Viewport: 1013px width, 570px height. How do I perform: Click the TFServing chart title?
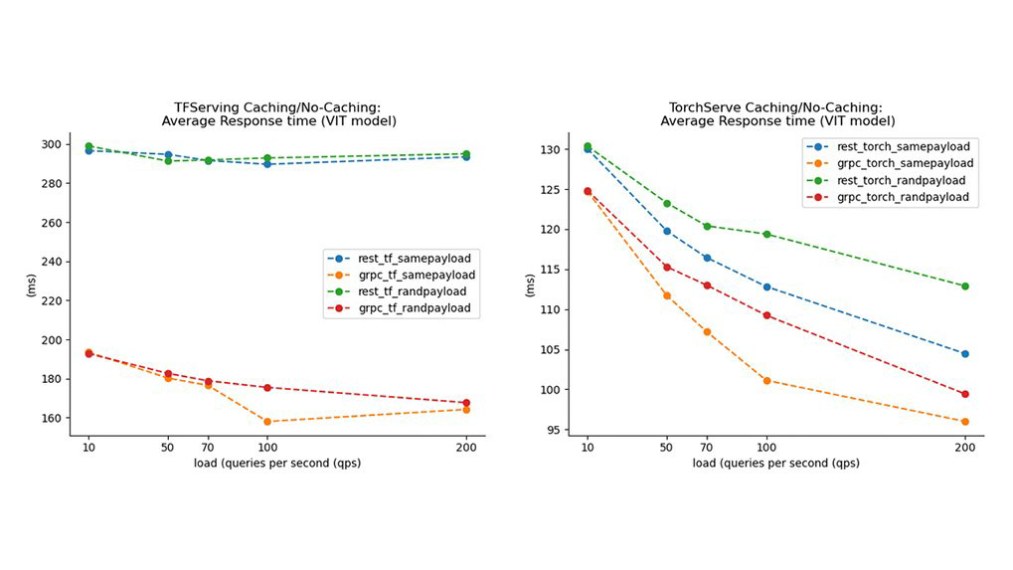tap(278, 114)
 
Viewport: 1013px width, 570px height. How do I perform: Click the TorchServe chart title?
tap(776, 114)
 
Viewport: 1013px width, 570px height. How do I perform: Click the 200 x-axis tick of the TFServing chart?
tap(466, 447)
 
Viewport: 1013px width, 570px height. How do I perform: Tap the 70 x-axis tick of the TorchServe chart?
tap(707, 447)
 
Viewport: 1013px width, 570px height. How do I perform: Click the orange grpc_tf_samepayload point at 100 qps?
tap(267, 422)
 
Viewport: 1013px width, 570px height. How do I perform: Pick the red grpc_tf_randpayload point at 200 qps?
tap(466, 403)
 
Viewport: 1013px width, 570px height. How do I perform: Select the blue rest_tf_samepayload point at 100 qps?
tap(267, 164)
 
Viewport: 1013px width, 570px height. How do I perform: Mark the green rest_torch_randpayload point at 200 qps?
tap(964, 286)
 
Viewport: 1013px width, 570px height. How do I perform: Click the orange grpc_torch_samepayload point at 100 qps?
tap(766, 380)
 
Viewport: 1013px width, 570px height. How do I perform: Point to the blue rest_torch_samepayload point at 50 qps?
tap(667, 231)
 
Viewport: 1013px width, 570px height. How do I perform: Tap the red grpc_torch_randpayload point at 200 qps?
tap(964, 394)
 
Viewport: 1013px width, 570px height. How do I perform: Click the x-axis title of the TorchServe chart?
tap(776, 464)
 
